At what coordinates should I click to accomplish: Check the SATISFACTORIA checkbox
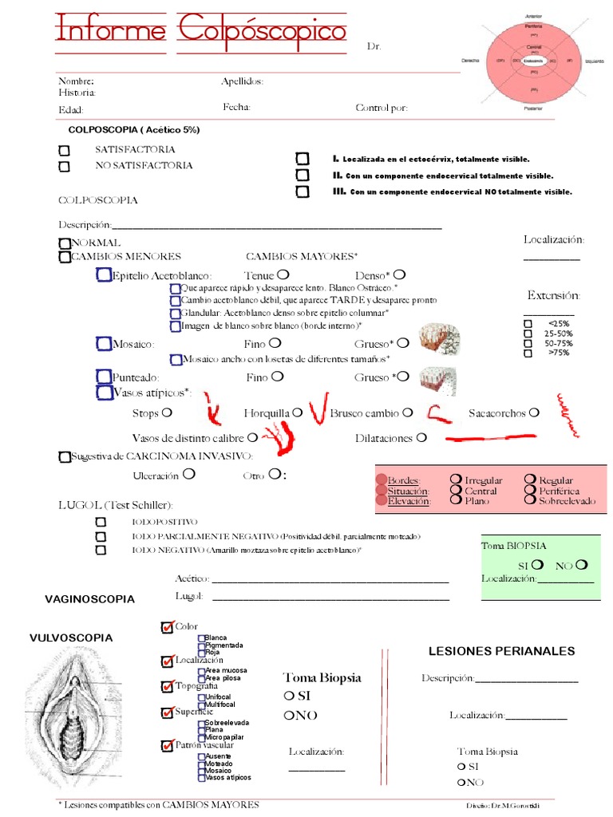coord(65,150)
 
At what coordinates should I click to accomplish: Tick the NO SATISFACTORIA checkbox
coord(65,166)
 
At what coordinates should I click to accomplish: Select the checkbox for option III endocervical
coord(302,191)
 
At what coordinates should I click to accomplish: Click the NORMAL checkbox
coord(64,243)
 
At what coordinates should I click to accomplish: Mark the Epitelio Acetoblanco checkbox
coord(103,276)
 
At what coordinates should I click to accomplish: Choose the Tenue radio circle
coord(283,275)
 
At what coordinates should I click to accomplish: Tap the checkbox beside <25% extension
coord(528,323)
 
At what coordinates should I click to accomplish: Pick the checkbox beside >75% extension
coord(528,352)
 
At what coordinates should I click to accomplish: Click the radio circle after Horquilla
coord(297,412)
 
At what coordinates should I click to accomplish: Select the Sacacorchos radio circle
coord(534,412)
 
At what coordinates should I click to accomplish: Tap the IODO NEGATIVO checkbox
coord(101,550)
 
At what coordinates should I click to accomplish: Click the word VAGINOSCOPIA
coord(89,598)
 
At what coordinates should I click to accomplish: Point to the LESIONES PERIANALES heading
coord(501,651)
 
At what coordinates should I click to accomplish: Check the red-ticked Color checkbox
coord(168,627)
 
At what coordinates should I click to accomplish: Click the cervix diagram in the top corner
coord(534,60)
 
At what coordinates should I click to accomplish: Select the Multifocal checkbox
coord(201,705)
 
